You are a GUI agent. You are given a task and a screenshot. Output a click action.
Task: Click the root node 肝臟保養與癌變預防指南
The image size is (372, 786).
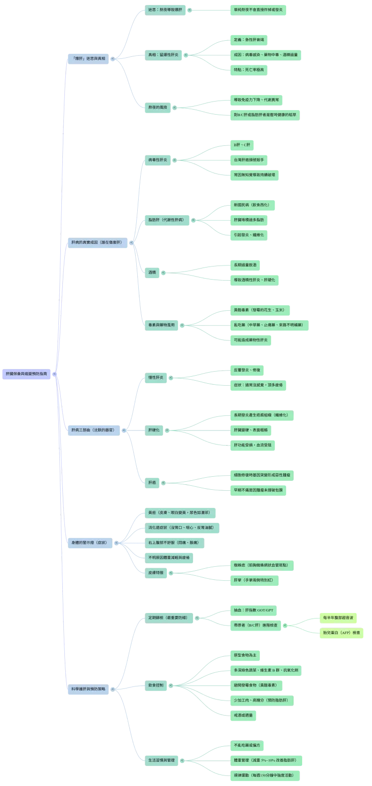pos(29,374)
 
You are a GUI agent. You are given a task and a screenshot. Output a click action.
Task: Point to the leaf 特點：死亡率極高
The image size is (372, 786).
pos(249,70)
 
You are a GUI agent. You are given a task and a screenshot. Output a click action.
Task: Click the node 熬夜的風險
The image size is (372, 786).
pos(157,107)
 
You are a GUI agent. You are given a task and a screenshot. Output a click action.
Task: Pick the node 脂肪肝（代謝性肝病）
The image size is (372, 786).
pos(165,220)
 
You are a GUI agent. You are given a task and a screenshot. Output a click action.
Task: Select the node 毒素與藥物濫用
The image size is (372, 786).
pos(161,325)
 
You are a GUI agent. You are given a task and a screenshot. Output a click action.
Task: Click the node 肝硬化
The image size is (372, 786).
pos(153,430)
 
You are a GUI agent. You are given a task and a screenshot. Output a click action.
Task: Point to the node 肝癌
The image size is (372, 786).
pos(152,482)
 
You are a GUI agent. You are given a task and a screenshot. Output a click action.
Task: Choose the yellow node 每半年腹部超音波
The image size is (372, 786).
pos(338,618)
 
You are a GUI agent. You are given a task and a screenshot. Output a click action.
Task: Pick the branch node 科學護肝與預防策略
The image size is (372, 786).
pos(89,688)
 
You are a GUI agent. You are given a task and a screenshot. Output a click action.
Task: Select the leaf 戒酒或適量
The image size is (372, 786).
pos(243,715)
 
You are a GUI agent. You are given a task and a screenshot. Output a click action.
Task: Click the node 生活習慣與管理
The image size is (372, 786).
pos(161,760)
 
